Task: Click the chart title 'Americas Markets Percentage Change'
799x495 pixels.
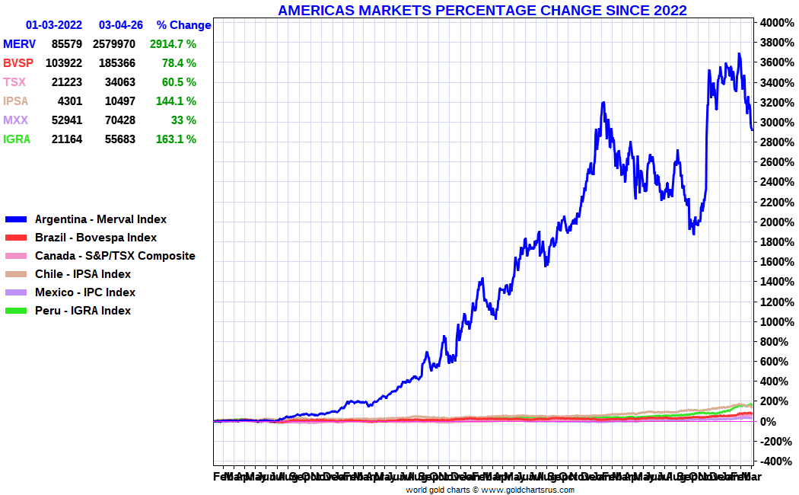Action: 482,10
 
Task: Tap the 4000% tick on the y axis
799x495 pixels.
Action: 776,22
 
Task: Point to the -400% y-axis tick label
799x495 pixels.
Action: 776,461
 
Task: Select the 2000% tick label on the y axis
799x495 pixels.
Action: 776,222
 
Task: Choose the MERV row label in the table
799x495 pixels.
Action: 19,44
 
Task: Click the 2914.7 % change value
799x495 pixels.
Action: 173,44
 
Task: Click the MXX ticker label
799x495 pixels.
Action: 16,120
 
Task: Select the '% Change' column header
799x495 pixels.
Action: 183,25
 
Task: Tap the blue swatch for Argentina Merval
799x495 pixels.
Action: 17,219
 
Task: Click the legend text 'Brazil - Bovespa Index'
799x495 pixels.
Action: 96,238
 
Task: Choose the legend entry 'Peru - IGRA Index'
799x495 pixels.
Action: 83,311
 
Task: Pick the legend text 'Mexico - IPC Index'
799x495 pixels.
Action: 85,292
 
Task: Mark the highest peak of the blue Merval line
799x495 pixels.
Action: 739,53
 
